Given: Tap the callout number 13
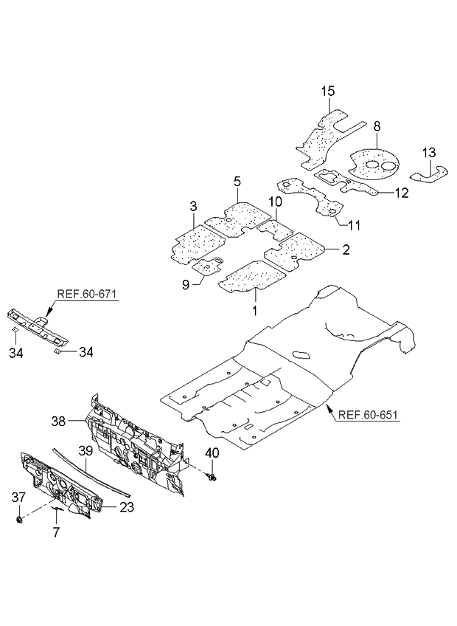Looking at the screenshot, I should tap(429, 152).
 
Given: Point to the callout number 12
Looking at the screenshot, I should tap(401, 193).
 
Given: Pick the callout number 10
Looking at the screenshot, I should tap(274, 202).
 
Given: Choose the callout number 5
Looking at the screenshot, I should tap(237, 181).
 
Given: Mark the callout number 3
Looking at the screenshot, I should tap(192, 205).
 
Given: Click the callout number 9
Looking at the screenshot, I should tap(186, 283).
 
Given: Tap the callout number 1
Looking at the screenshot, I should tap(255, 311).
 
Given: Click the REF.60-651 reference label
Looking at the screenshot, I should tap(368, 415).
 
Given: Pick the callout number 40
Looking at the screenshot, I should tap(212, 453).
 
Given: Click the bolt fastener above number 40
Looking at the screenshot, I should tap(212, 479).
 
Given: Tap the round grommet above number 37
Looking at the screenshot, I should tap(20, 521).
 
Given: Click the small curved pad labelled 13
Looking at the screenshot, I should tap(430, 175).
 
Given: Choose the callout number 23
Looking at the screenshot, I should tap(128, 506).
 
